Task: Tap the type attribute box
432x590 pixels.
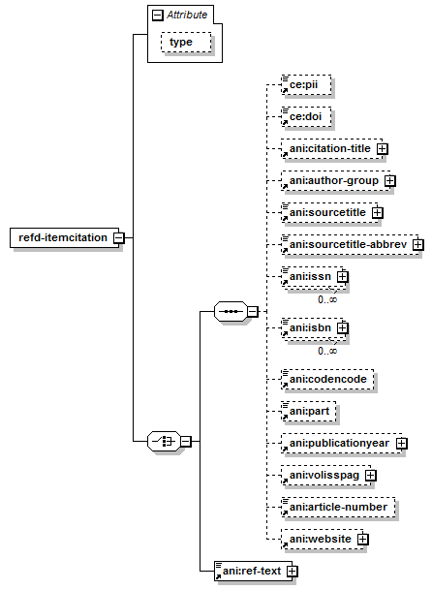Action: click(x=186, y=42)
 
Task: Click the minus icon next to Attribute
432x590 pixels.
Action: click(x=157, y=16)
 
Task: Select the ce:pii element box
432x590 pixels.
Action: click(x=306, y=84)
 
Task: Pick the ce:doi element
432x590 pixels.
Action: click(x=306, y=116)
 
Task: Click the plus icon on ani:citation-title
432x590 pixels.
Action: click(x=382, y=149)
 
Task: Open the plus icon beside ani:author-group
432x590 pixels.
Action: click(x=390, y=181)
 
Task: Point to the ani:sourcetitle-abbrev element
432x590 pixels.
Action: click(x=350, y=245)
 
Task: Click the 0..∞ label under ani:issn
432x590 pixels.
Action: click(x=327, y=300)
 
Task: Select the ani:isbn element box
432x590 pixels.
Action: click(x=312, y=329)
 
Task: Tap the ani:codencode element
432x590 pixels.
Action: click(x=327, y=379)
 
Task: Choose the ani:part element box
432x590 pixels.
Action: click(x=309, y=411)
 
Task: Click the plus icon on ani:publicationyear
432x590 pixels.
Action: click(x=402, y=444)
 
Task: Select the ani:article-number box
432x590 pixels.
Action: click(x=338, y=508)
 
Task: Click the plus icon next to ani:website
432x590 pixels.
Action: click(x=362, y=540)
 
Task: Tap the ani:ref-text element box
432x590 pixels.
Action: click(x=253, y=572)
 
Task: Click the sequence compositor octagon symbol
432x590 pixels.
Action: click(x=231, y=311)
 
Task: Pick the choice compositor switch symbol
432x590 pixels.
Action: click(x=164, y=441)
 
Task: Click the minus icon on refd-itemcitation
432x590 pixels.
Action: click(x=119, y=237)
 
